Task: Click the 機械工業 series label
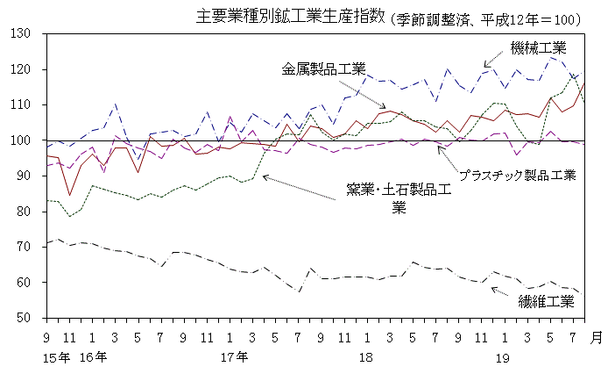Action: tap(539, 47)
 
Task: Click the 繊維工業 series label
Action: tap(546, 303)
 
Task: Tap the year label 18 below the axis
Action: tap(366, 357)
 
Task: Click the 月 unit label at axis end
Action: tap(597, 337)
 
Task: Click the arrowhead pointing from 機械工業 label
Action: tap(484, 66)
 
